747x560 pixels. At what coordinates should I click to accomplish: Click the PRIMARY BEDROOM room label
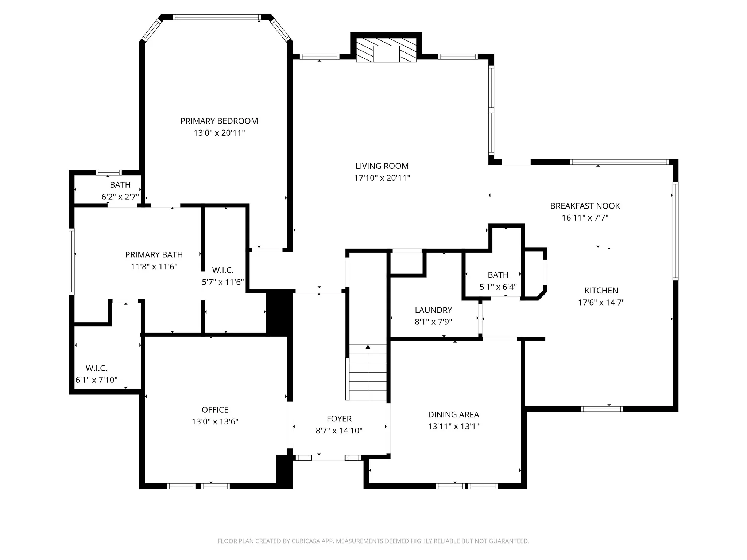point(219,121)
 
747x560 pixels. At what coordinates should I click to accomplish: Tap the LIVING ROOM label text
point(382,166)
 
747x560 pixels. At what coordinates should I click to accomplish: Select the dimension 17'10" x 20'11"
point(382,178)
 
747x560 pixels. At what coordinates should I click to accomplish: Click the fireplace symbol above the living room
point(386,50)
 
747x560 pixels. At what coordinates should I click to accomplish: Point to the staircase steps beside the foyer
point(368,372)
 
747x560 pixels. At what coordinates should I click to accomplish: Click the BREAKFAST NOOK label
point(585,206)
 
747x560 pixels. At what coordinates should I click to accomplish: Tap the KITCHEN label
point(601,291)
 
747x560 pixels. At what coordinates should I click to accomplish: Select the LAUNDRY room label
point(433,310)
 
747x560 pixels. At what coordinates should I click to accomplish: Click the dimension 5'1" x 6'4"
point(498,287)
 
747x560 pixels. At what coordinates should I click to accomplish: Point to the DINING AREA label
point(453,415)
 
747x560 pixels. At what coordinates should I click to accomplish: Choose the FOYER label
point(339,419)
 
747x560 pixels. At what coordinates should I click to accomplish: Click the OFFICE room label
point(215,410)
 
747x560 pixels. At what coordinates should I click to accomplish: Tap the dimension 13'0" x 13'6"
point(215,421)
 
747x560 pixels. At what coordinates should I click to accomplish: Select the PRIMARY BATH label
point(154,255)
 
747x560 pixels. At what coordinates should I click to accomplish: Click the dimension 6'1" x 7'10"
point(96,380)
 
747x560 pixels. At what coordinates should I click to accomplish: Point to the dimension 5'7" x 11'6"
point(223,282)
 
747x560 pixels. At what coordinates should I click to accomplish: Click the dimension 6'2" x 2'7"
point(120,197)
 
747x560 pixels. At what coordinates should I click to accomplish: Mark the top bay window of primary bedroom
point(217,17)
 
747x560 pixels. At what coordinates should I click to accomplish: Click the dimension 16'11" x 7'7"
point(585,218)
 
